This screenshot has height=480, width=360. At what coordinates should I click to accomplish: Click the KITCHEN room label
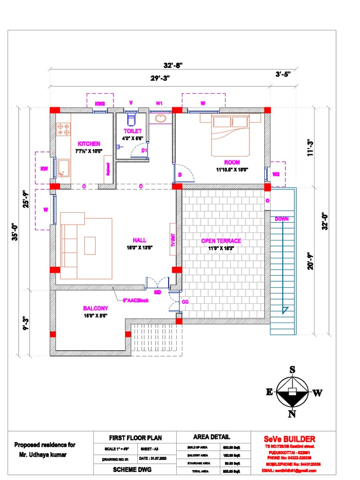point(89,144)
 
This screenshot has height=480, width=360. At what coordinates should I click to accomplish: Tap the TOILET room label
point(132,131)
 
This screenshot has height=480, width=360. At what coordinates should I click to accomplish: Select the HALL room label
point(140,240)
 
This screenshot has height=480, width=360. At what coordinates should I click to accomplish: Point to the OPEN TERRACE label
point(221,241)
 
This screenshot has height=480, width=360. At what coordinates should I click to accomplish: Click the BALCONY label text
point(96,308)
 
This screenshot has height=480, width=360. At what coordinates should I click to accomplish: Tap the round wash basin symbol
point(160,118)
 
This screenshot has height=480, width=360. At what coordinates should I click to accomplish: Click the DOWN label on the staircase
point(282,219)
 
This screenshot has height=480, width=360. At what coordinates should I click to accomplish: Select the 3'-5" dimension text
point(283,74)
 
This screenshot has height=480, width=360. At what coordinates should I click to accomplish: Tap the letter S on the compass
point(292,370)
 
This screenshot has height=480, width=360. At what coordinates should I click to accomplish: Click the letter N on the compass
point(292,414)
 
